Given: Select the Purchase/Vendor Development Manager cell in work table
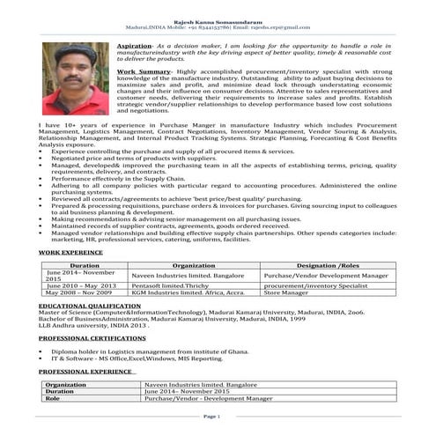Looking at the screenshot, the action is [x=326, y=276].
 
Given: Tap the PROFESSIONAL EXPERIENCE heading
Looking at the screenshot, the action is [x=86, y=373].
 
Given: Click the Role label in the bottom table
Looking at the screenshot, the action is [x=52, y=399].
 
